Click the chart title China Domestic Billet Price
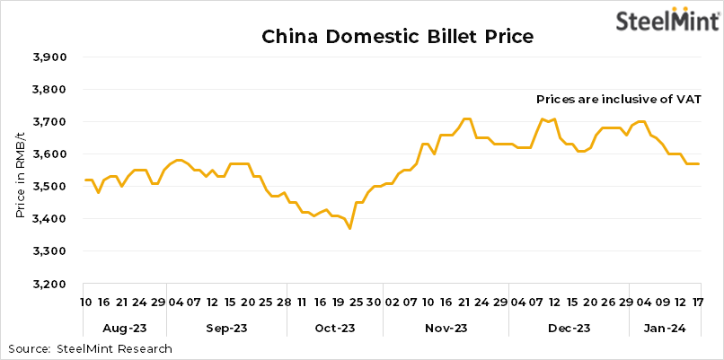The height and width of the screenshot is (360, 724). (x=397, y=37)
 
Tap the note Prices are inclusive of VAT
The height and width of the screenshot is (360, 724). (x=618, y=99)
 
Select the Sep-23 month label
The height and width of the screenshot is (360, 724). (x=228, y=329)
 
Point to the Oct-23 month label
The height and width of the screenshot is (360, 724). (x=333, y=329)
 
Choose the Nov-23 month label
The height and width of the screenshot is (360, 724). (x=445, y=329)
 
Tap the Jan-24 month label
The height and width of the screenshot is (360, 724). (x=666, y=329)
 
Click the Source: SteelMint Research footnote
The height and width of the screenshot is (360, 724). (x=90, y=348)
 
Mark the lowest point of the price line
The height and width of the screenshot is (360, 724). (x=349, y=229)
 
